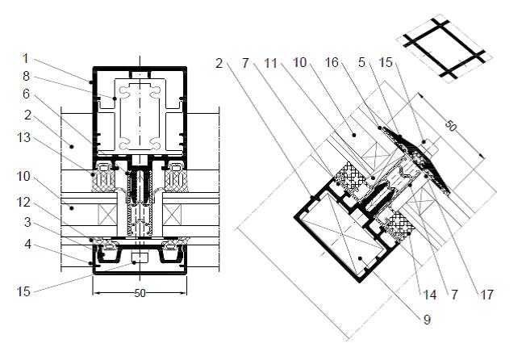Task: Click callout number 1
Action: [x=26, y=59]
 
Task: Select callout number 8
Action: [x=26, y=76]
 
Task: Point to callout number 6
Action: [x=26, y=94]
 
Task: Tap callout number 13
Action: [x=23, y=137]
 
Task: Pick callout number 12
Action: [x=23, y=202]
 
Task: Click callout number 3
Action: [x=28, y=222]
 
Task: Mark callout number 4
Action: [x=28, y=245]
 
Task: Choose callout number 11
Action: [x=270, y=63]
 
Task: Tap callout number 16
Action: [x=332, y=62]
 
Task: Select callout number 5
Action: [x=361, y=62]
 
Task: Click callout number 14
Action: [x=430, y=295]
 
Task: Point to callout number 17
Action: [x=486, y=295]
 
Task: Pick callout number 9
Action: [x=427, y=320]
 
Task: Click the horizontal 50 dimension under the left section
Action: [x=140, y=293]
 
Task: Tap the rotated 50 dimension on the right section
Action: [x=451, y=126]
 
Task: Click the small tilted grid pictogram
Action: [x=445, y=48]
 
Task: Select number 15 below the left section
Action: [x=23, y=291]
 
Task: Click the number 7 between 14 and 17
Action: [x=454, y=295]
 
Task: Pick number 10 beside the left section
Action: [x=23, y=177]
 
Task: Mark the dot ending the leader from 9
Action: [x=360, y=258]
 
